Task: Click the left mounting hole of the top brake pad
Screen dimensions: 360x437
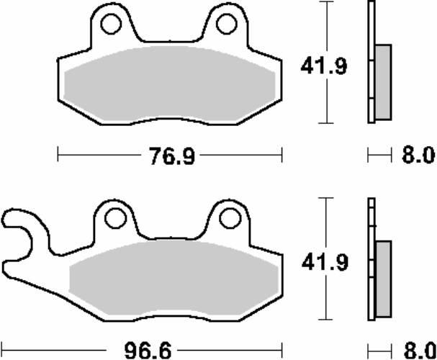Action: pyautogui.click(x=110, y=24)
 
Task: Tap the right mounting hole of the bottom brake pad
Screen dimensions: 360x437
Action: pyautogui.click(x=228, y=215)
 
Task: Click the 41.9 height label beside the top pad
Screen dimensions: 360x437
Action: pyautogui.click(x=314, y=67)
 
